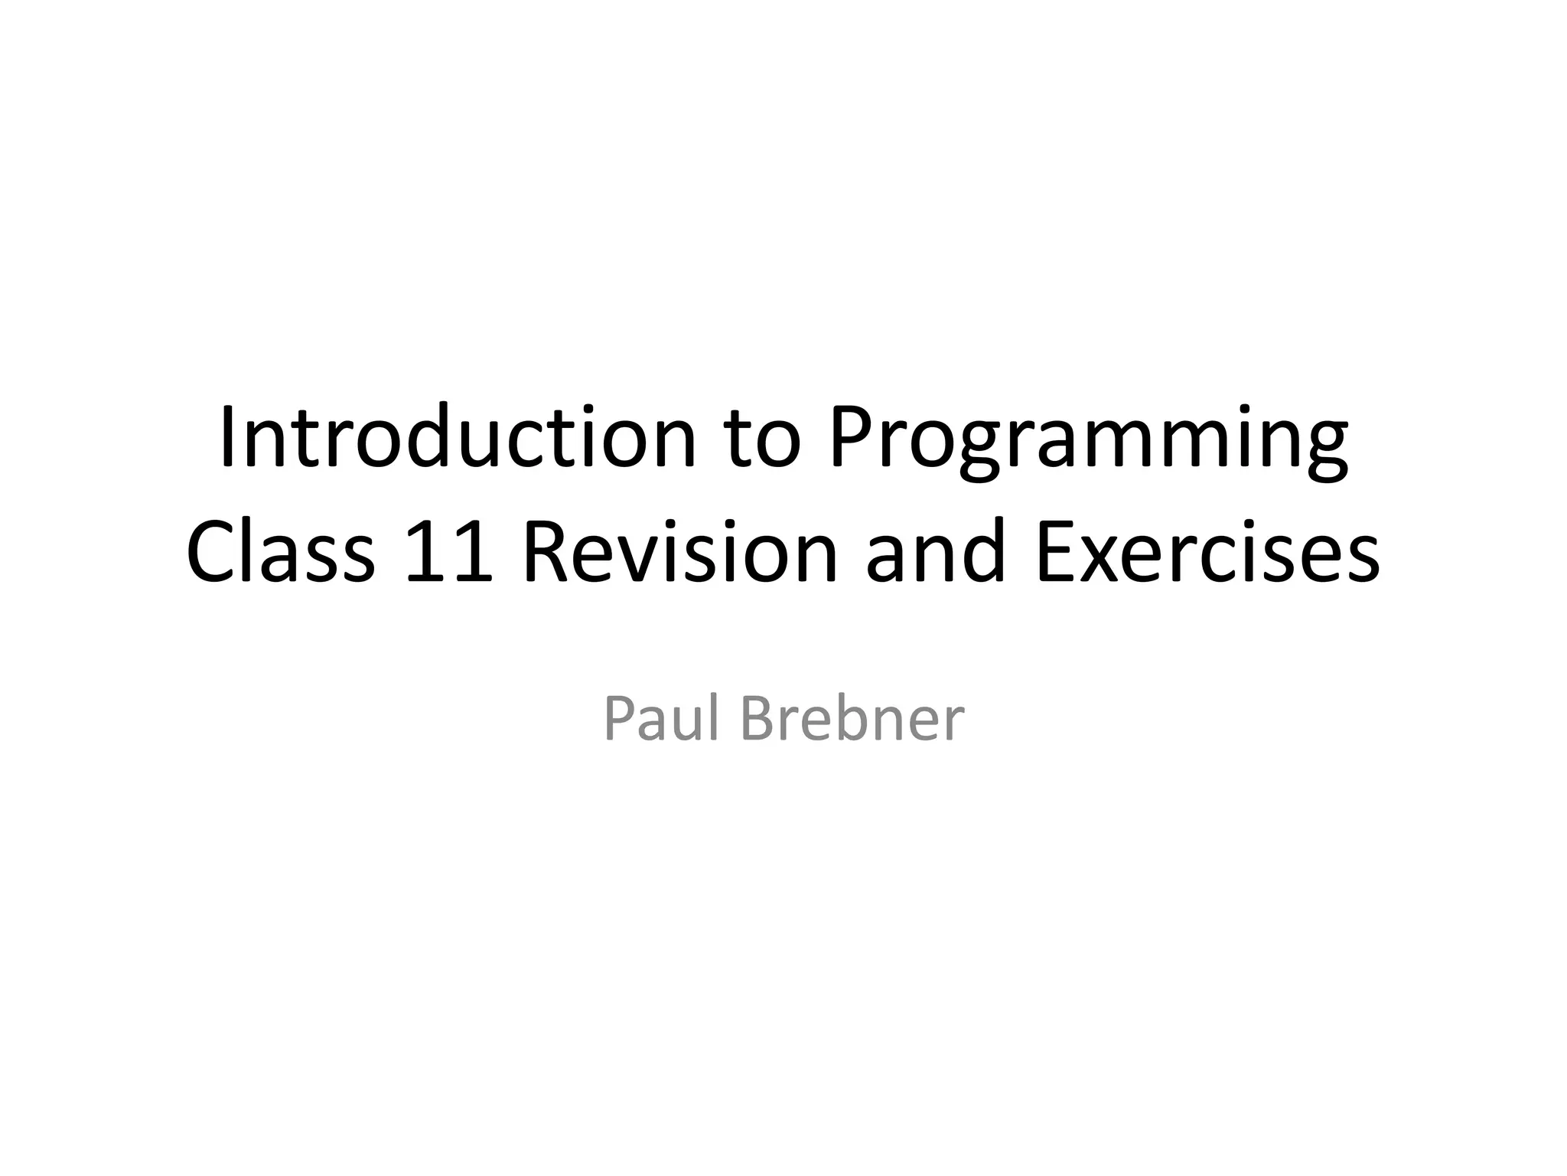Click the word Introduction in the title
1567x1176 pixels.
point(458,438)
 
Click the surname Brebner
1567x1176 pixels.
point(852,720)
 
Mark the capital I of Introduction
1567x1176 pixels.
point(226,438)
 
